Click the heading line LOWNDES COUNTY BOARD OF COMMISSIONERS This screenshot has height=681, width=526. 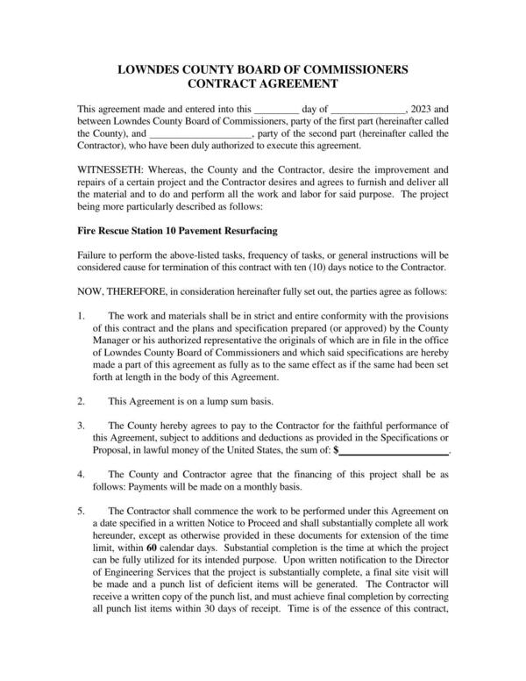(x=263, y=68)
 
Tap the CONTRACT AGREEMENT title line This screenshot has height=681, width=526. (x=263, y=84)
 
